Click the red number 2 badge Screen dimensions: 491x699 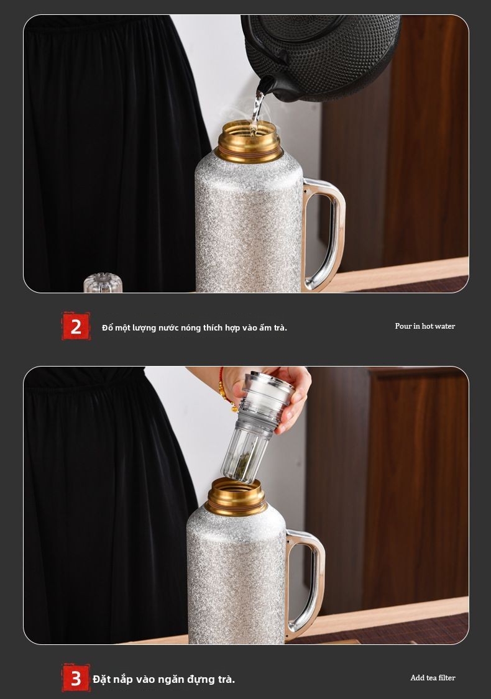click(76, 326)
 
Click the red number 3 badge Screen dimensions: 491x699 click(76, 678)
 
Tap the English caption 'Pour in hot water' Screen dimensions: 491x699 click(425, 326)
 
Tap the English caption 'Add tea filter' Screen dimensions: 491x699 click(433, 678)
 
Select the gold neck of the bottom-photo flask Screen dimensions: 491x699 click(236, 497)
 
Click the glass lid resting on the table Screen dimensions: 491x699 click(103, 283)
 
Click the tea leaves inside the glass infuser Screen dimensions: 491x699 click(241, 466)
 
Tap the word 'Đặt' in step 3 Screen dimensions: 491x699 click(103, 679)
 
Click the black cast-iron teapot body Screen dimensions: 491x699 click(322, 53)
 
